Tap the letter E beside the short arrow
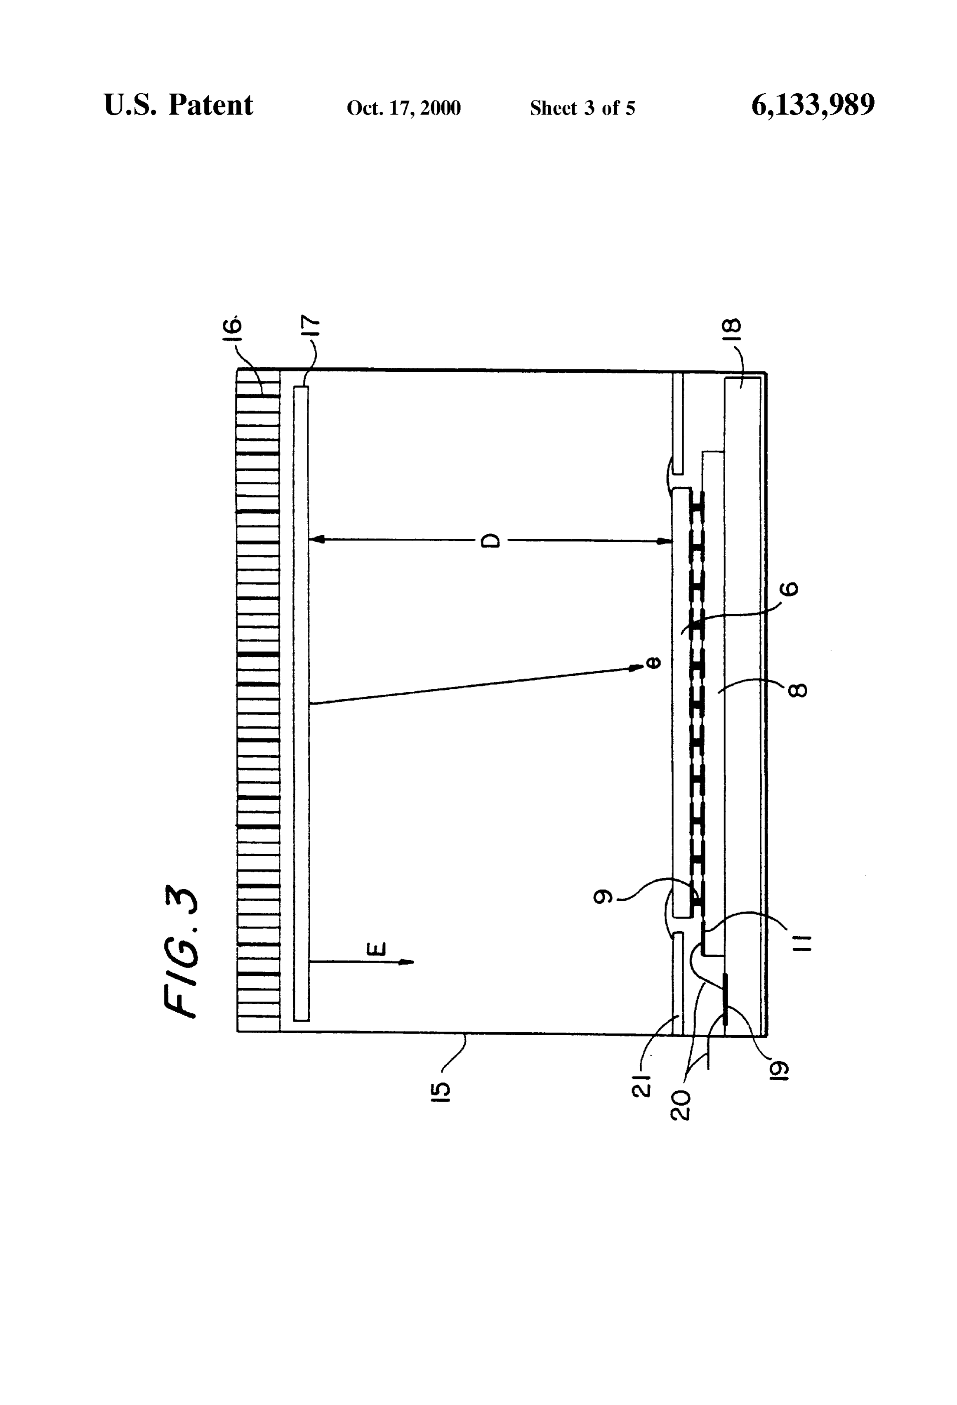point(376,949)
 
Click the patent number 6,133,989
point(813,105)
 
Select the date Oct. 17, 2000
point(403,108)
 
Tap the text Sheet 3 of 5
point(582,108)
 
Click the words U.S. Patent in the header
point(179,105)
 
